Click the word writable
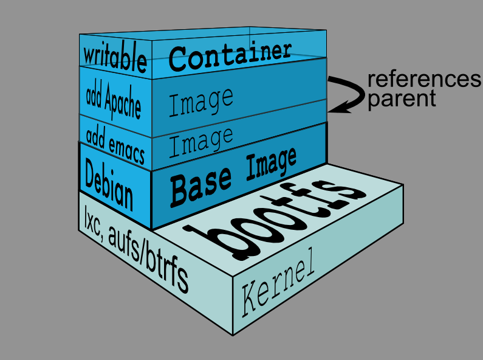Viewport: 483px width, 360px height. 115,57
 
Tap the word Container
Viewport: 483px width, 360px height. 230,57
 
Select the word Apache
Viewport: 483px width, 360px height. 123,102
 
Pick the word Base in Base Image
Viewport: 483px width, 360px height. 200,186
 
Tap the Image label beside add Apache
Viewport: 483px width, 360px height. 201,102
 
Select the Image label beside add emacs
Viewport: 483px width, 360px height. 201,142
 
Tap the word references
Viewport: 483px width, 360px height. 424,79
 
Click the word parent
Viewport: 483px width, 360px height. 402,99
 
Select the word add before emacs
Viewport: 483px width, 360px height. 96,137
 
